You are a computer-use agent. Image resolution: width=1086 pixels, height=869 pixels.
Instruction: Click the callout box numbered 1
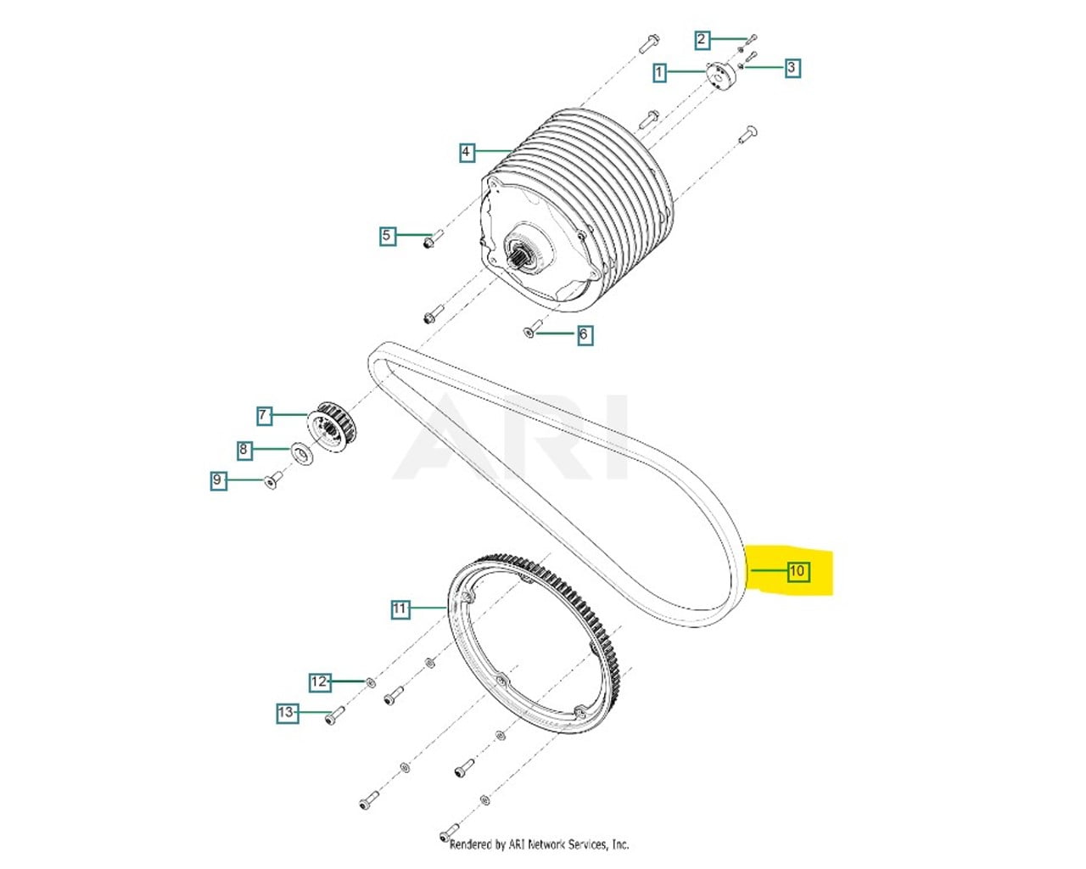tap(659, 72)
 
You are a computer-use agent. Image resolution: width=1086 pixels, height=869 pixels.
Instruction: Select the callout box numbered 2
tap(701, 39)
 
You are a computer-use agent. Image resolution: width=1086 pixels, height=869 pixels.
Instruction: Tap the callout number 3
tap(792, 67)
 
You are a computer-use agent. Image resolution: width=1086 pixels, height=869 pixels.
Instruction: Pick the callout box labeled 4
tap(466, 153)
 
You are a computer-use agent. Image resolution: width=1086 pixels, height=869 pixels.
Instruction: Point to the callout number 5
tap(387, 235)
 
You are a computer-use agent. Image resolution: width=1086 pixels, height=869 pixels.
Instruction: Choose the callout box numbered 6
tap(583, 335)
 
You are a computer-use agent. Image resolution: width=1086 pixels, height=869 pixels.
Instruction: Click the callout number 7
tap(264, 415)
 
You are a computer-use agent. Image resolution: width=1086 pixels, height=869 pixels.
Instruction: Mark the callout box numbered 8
tap(244, 449)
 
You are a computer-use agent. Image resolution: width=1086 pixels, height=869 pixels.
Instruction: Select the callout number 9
tap(217, 480)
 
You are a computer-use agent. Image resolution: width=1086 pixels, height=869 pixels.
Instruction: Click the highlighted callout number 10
tap(797, 571)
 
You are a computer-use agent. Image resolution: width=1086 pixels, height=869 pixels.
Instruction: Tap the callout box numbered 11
tap(400, 608)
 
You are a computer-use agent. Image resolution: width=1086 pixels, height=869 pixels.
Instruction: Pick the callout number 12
tap(319, 681)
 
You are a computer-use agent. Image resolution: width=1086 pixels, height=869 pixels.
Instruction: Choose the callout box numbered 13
tap(287, 713)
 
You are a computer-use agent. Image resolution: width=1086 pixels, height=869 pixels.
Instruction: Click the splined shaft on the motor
tap(523, 254)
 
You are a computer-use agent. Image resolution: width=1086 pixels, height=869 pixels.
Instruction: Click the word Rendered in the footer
tap(471, 844)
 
